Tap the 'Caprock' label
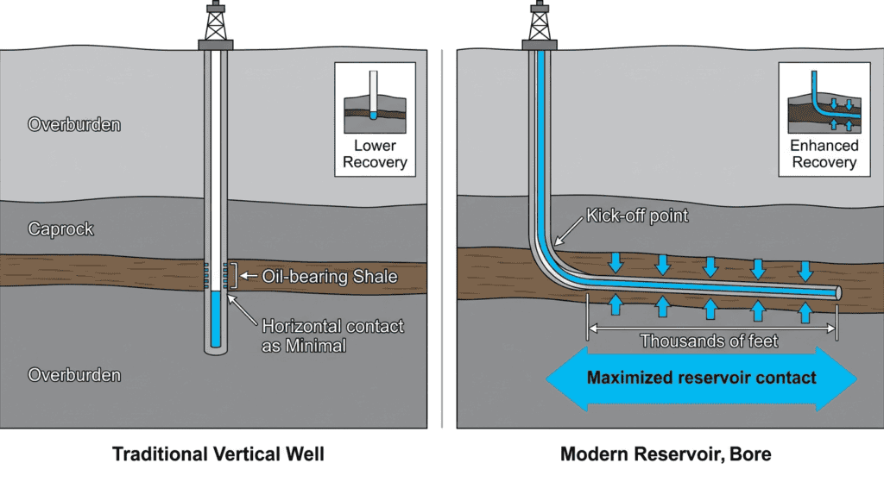point(61,229)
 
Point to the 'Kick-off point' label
point(637,216)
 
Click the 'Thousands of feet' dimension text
point(709,341)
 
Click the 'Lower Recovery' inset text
point(375,154)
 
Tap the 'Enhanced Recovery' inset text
point(824,154)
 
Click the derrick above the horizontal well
point(540,23)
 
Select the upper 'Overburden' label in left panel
point(74,124)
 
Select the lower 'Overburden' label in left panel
point(74,375)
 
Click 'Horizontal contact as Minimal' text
point(332,335)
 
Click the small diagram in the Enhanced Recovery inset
point(824,102)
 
